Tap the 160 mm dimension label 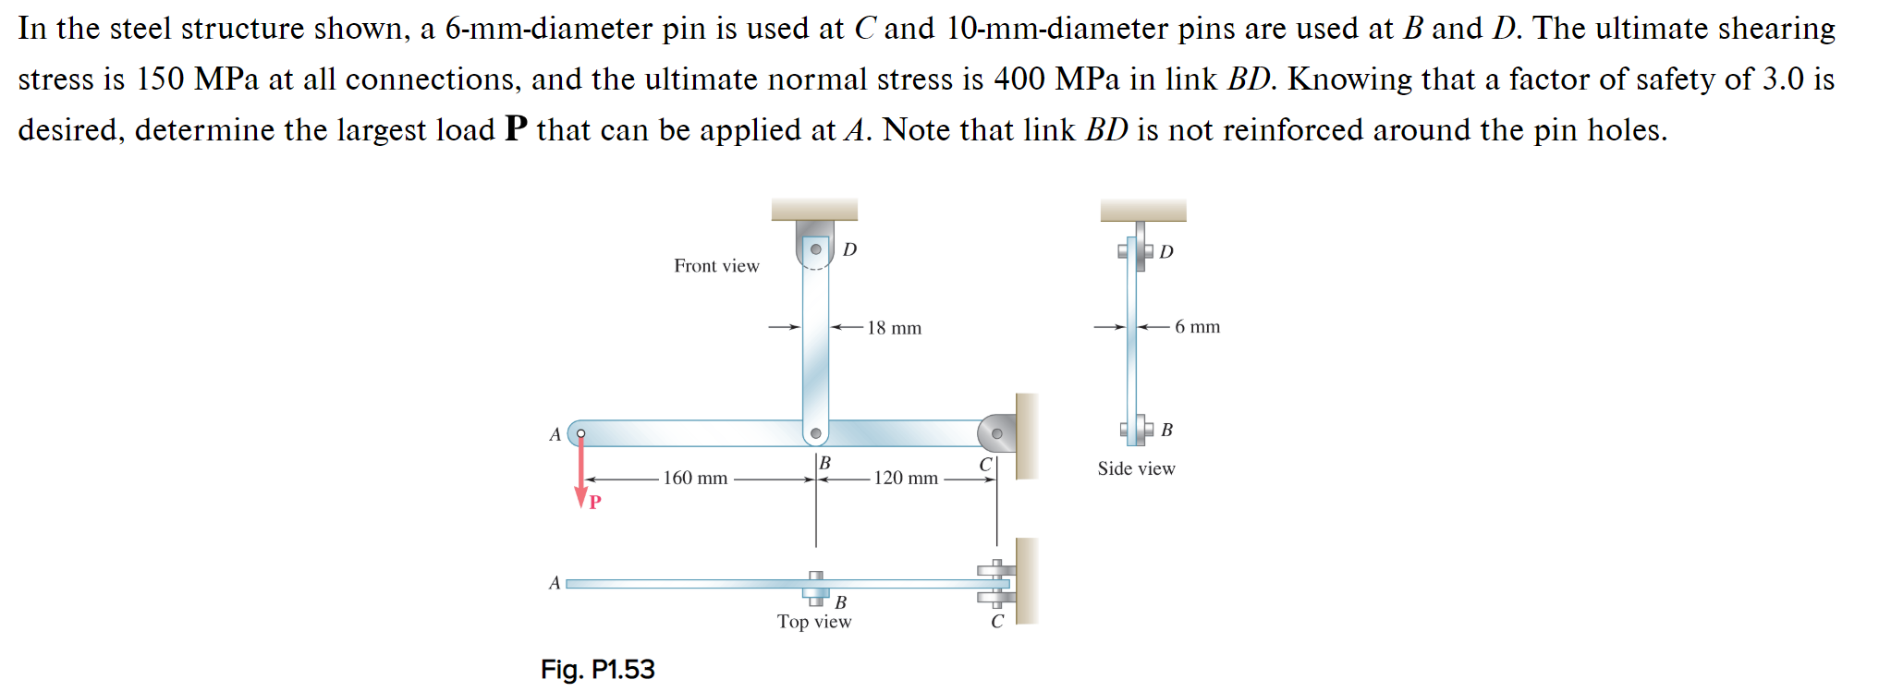[x=695, y=478]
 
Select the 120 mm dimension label [x=906, y=478]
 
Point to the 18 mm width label [x=894, y=328]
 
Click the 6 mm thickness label [x=1197, y=327]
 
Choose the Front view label [x=716, y=266]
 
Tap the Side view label [x=1136, y=468]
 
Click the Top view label [x=814, y=622]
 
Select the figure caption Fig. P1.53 [x=597, y=669]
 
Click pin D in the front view [x=816, y=249]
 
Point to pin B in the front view [x=816, y=432]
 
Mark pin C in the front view [x=996, y=432]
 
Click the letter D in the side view [x=1166, y=252]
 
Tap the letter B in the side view [x=1166, y=430]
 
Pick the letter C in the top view [x=997, y=622]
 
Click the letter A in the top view [x=555, y=583]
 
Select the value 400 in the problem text [x=1019, y=79]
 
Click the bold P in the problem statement [x=516, y=129]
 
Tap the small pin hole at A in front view [x=580, y=432]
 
